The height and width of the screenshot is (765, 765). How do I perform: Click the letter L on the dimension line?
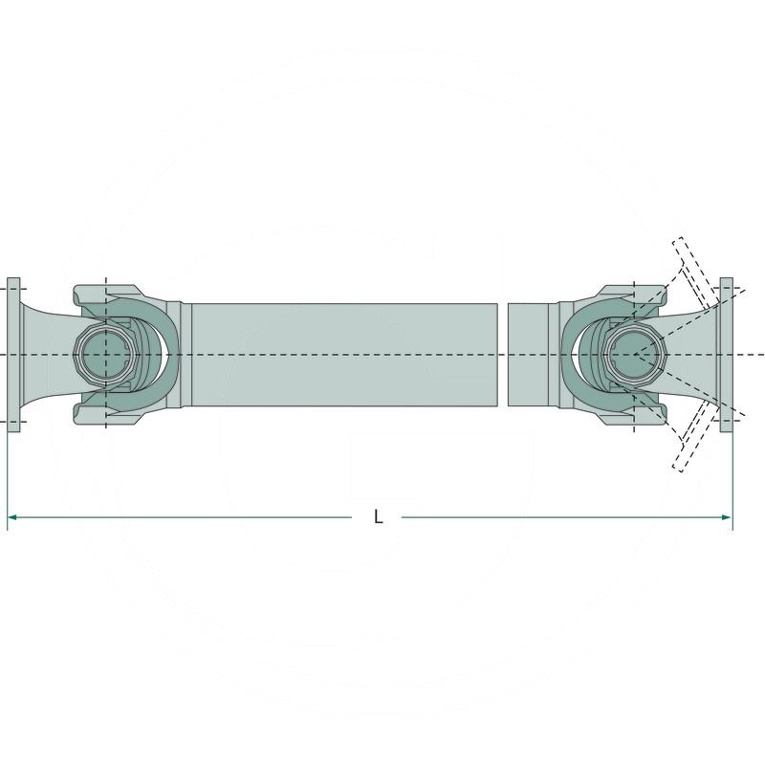coord(379,517)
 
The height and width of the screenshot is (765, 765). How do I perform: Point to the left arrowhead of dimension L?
coord(12,517)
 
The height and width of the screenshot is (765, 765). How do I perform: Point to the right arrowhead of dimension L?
coord(726,517)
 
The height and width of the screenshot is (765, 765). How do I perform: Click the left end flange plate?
coord(13,355)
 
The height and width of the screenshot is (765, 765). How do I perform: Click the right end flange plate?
coord(726,355)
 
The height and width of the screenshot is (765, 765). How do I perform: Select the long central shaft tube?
coord(344,355)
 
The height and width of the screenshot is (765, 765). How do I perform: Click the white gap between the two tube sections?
coord(503,355)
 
